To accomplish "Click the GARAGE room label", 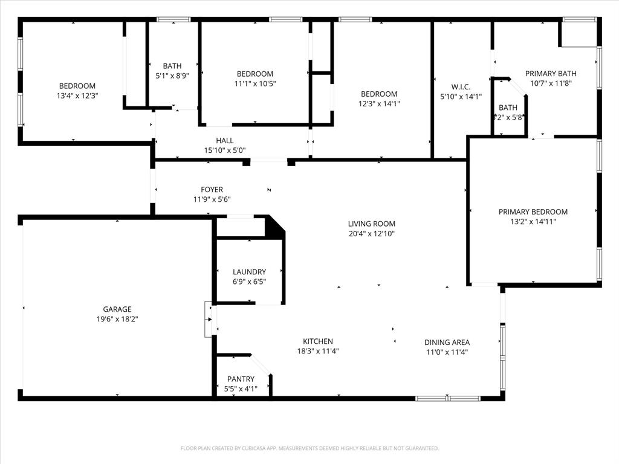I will pos(117,309).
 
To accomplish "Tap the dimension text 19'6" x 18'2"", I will pos(117,319).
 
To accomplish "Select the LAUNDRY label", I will pos(249,272).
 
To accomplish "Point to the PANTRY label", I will pos(241,379).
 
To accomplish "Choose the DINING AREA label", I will pos(447,342).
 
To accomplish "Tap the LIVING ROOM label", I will pos(371,224).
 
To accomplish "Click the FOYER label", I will pos(212,190).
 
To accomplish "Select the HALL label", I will pos(224,141).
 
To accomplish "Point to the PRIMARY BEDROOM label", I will pos(533,212).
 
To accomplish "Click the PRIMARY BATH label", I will pos(550,74).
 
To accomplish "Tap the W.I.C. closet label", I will pos(461,87).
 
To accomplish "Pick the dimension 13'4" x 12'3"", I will pos(77,95).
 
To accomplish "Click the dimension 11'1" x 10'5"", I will pos(254,83).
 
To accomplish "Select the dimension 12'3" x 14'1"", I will pos(379,103).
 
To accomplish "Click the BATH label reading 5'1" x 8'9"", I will pos(172,71).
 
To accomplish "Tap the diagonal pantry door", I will pos(261,364).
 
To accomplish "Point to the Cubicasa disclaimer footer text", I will pos(309,448).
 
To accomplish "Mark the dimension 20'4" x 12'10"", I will pos(371,234).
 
